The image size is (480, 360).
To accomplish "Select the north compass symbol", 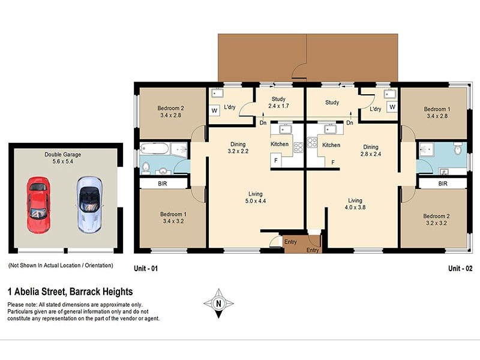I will (218, 303).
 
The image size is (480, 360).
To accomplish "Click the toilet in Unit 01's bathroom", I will (145, 167).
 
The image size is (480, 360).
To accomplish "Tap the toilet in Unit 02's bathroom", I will (458, 148).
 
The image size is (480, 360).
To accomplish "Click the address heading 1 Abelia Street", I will (70, 292).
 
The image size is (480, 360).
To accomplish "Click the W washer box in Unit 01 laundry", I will (214, 111).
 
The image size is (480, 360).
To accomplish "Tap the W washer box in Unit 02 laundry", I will (392, 107).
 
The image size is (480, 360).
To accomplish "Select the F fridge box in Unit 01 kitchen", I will (275, 161).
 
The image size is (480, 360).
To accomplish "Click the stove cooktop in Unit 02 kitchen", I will (312, 142).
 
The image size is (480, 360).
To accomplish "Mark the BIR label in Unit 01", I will (161, 184).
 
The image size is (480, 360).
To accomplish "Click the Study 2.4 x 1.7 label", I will (278, 103).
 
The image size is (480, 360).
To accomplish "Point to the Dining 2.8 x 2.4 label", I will (370, 151).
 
